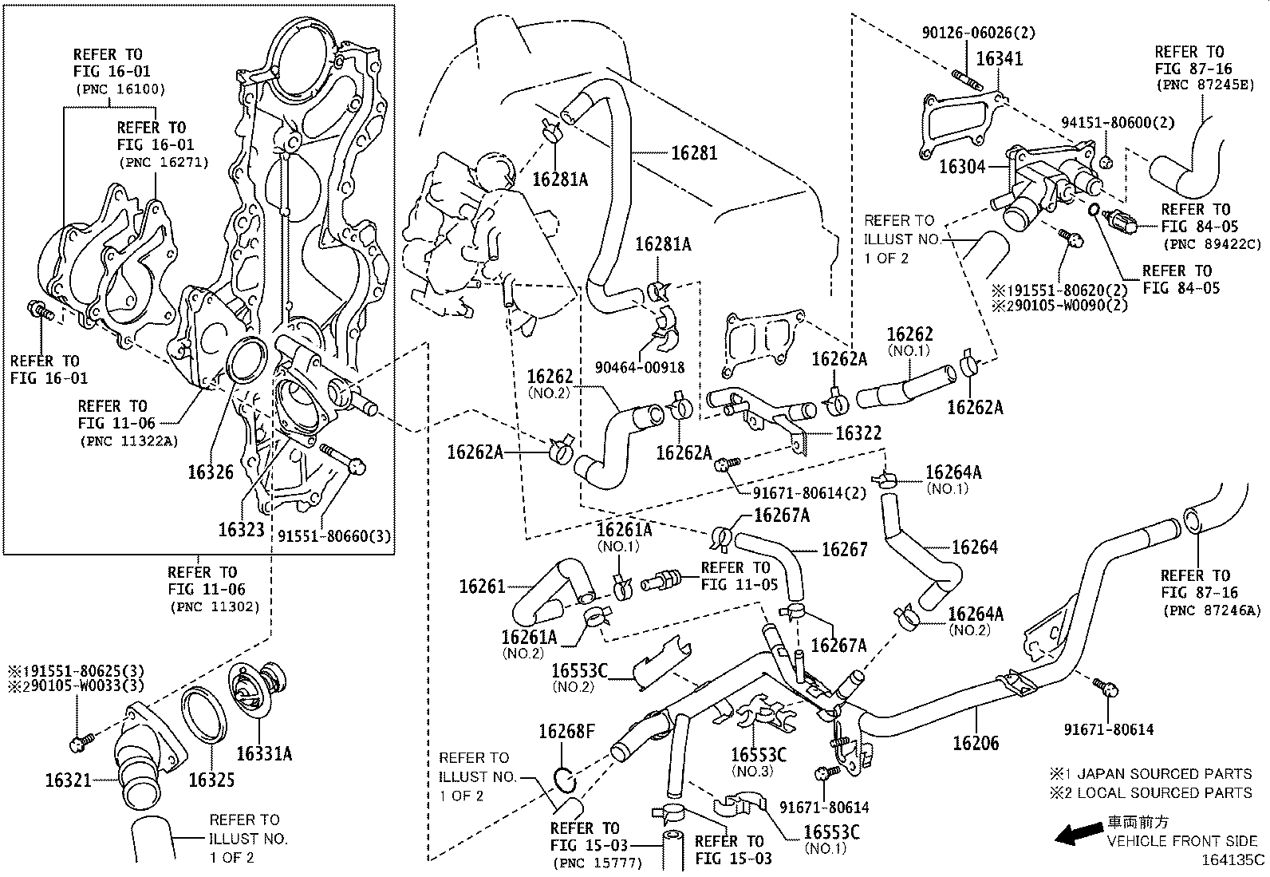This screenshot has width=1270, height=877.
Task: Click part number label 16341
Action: point(998,59)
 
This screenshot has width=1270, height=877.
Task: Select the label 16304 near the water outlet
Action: point(963,166)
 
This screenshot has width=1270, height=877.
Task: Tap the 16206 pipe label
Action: point(976,744)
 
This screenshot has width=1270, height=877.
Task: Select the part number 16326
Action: point(211,472)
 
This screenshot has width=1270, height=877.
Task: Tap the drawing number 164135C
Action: point(1234,859)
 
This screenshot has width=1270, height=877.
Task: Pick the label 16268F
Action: point(566,731)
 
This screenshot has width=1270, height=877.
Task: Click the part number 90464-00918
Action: point(640,368)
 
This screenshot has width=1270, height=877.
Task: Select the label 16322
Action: point(858,433)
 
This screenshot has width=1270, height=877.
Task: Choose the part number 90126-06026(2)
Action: point(978,33)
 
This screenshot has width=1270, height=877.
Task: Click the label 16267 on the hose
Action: point(844,549)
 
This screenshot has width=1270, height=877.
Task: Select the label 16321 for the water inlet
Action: point(68,780)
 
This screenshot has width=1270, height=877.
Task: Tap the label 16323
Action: point(241,528)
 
